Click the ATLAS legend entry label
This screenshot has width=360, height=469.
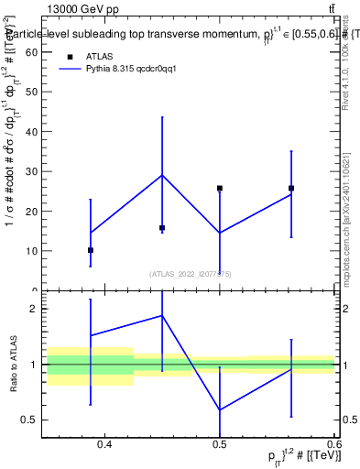(99, 56)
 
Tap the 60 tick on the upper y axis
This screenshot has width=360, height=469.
(35, 52)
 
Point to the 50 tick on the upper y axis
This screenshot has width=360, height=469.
(35, 92)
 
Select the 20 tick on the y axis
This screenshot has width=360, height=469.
(35, 211)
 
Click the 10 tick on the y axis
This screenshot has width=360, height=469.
(35, 250)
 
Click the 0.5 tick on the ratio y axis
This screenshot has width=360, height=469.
(34, 420)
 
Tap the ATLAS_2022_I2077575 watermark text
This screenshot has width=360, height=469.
(191, 273)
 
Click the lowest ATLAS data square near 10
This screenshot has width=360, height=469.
(91, 250)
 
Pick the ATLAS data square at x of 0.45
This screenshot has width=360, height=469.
(162, 227)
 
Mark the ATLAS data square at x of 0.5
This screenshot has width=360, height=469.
(220, 188)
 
